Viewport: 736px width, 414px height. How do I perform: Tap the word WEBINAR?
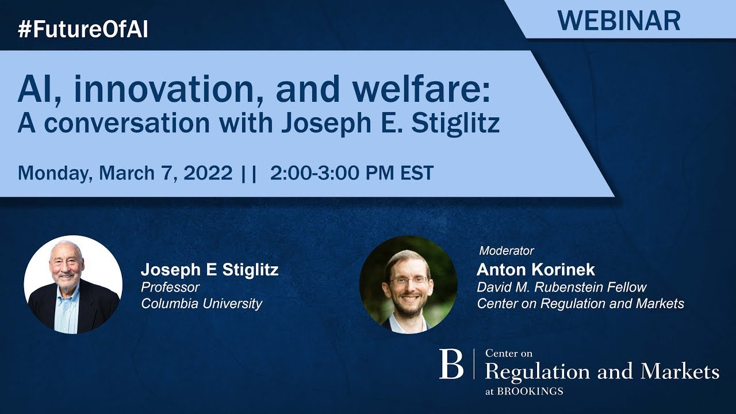pyautogui.click(x=619, y=21)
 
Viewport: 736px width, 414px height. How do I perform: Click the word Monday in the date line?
pyautogui.click(x=53, y=173)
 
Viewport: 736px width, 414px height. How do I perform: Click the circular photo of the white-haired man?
pyautogui.click(x=73, y=285)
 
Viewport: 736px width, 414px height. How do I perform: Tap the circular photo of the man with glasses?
pyautogui.click(x=408, y=285)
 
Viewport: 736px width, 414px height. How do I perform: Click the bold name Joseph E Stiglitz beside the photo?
pyautogui.click(x=210, y=270)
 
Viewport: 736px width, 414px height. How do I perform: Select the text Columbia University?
pyautogui.click(x=202, y=304)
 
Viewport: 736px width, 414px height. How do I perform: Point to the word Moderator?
pyautogui.click(x=507, y=251)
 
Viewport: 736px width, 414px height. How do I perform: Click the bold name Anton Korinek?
pyautogui.click(x=536, y=270)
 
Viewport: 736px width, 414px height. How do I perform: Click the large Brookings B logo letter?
pyautogui.click(x=451, y=364)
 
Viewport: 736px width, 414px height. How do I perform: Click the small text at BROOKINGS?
pyautogui.click(x=524, y=392)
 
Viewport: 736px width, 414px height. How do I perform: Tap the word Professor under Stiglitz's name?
pyautogui.click(x=170, y=287)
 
